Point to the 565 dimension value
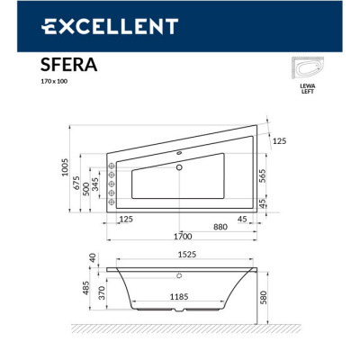pos(262,176)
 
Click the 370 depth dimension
pos(103,293)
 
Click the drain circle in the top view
pos(180,166)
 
